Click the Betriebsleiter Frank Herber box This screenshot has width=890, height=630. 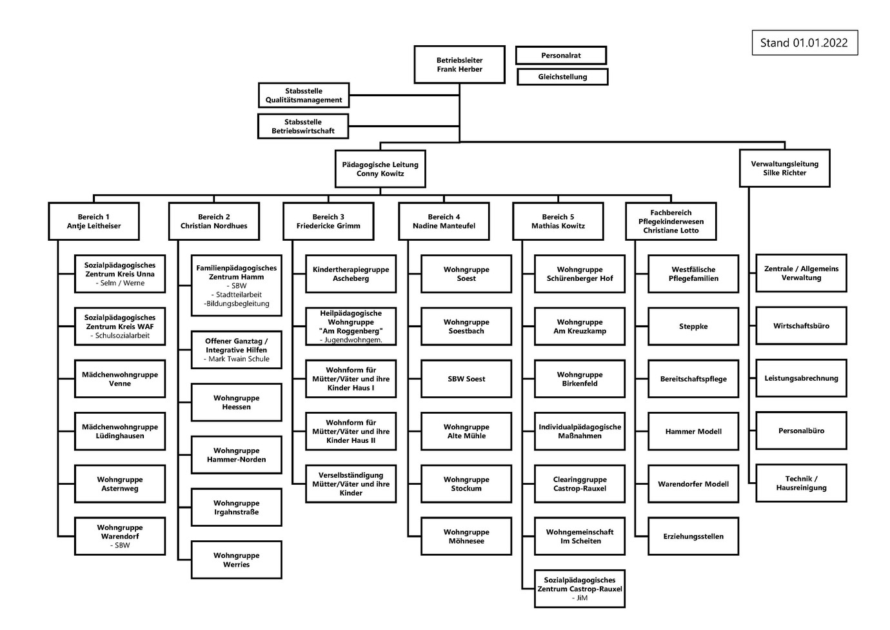[x=459, y=65]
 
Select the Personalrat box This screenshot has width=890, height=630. [x=561, y=56]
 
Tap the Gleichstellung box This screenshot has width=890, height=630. [x=562, y=77]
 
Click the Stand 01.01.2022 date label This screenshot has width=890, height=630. [x=804, y=43]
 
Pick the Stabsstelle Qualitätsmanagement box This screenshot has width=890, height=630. [x=304, y=96]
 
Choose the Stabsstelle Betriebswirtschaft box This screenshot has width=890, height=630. [x=303, y=127]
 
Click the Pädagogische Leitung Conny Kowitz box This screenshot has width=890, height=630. [x=380, y=169]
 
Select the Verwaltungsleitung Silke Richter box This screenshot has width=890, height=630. [x=784, y=168]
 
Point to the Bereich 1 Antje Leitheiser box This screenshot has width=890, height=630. [x=94, y=221]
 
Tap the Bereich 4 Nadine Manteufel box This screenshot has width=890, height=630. [x=444, y=221]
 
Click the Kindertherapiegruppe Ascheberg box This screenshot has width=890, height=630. [x=351, y=274]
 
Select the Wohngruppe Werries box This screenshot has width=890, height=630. [x=236, y=560]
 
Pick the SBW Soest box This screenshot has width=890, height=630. [x=466, y=379]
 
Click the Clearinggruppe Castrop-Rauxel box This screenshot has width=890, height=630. [x=580, y=484]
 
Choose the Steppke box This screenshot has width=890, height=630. [x=693, y=327]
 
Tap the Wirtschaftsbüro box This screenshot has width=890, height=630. [x=801, y=326]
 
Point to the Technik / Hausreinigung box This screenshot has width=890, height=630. [x=801, y=483]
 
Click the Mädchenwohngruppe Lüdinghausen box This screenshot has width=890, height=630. [x=120, y=431]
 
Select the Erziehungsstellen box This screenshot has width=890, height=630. [x=693, y=536]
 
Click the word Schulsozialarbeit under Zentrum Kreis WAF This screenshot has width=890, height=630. [x=123, y=336]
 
